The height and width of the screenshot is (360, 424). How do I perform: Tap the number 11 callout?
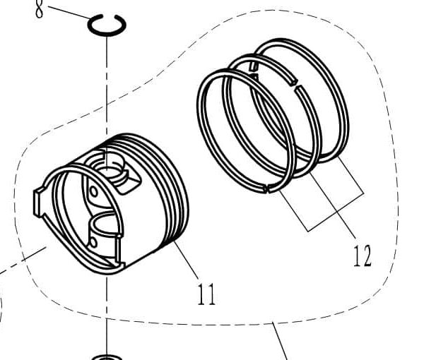tap(206, 292)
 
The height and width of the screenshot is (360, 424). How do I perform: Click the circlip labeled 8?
tap(107, 25)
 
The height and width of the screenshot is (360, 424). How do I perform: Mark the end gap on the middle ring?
tap(252, 66)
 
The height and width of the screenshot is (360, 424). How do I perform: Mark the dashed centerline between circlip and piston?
tap(107, 85)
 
